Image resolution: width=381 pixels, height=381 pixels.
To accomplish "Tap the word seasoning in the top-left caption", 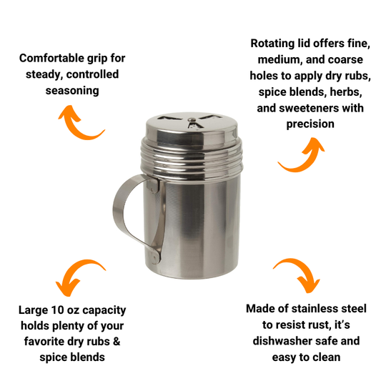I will [x=70, y=91].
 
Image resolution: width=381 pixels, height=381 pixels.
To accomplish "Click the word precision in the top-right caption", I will [x=311, y=124].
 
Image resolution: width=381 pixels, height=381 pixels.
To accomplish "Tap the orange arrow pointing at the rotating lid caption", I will [x=298, y=154].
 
